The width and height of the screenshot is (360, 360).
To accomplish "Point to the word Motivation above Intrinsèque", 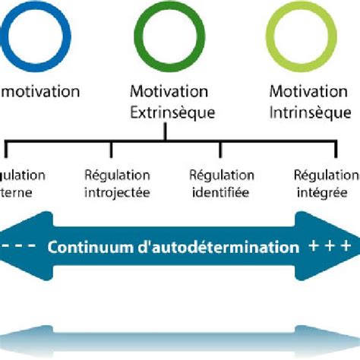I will tap(310, 93).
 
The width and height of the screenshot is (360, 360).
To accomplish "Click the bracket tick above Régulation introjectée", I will tap(112, 150).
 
